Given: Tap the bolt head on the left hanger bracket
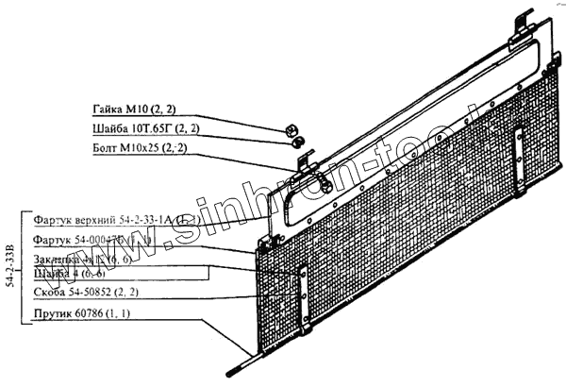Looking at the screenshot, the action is [x=325, y=186].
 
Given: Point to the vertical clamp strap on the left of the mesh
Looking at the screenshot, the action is [x=302, y=300].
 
